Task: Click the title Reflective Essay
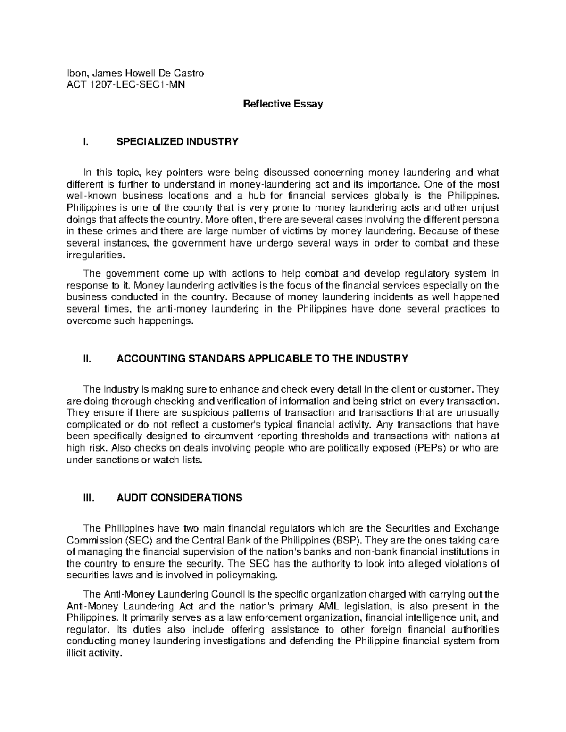(x=283, y=104)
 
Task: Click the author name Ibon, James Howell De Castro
(x=136, y=73)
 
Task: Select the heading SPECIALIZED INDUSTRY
(x=177, y=141)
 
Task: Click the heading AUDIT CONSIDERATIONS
(x=179, y=498)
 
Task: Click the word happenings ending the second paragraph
(x=171, y=321)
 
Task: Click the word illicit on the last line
(x=78, y=654)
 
